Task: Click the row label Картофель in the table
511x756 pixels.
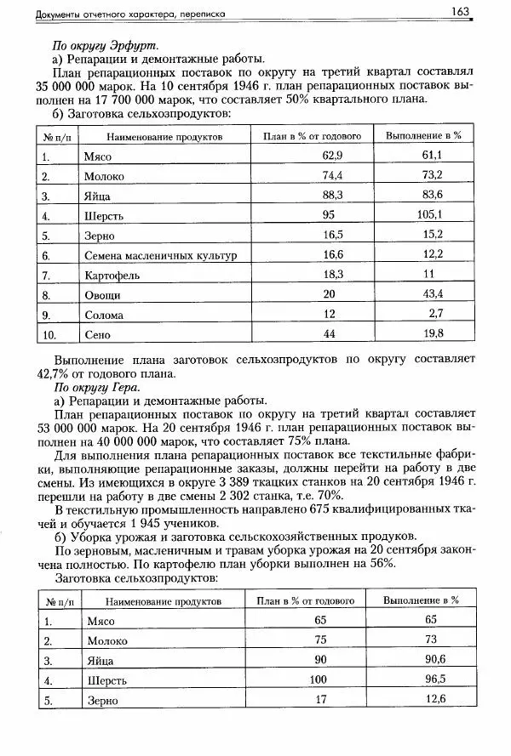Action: (112, 275)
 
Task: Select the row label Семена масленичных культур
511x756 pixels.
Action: (160, 255)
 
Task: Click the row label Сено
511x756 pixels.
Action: (98, 334)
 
